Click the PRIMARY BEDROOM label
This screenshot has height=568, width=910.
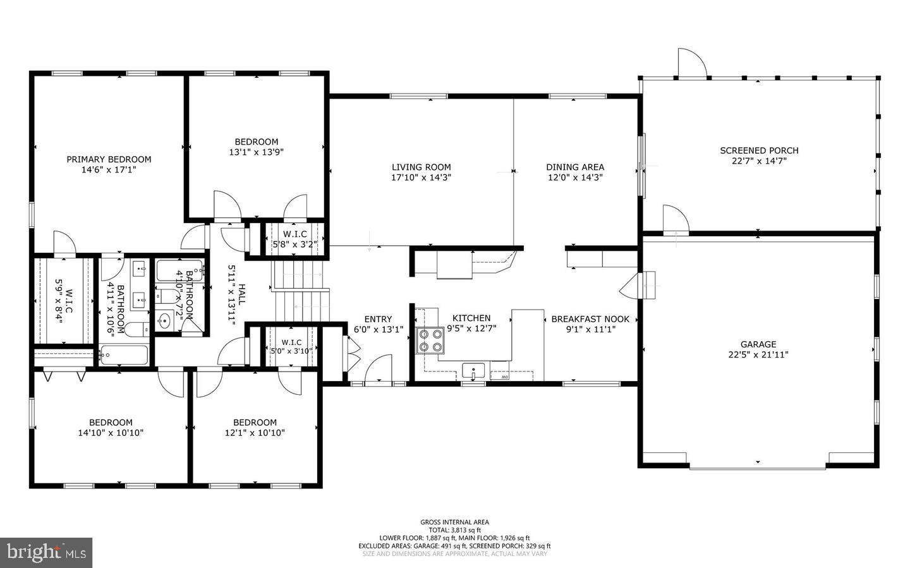click(109, 159)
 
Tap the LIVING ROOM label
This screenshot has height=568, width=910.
click(421, 167)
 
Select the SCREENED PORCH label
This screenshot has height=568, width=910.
click(759, 150)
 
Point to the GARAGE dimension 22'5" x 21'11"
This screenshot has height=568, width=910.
click(758, 354)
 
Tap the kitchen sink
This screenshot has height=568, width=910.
click(473, 369)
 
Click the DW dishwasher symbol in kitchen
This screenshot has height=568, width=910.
click(504, 377)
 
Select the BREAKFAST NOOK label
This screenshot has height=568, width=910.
click(590, 319)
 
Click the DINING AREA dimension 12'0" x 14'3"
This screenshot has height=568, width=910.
click(575, 178)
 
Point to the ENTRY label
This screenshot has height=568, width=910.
click(378, 319)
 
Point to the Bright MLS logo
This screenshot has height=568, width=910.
click(46, 552)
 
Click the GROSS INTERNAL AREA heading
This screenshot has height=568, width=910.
click(454, 522)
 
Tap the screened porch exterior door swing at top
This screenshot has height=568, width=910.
click(691, 63)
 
